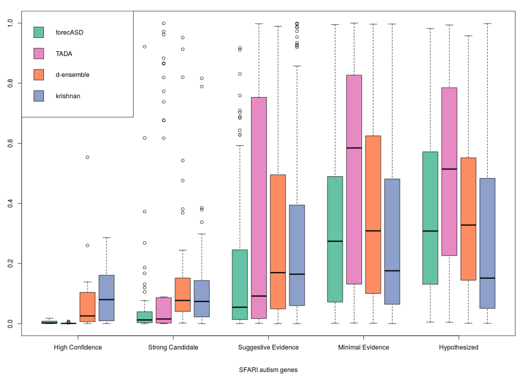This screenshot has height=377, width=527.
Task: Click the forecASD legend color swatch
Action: [39, 32]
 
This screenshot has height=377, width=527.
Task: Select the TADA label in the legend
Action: [64, 54]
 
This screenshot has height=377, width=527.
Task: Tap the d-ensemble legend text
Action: [73, 75]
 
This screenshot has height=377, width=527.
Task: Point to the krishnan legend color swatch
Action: [39, 96]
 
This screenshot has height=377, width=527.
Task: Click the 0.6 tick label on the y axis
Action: [10, 143]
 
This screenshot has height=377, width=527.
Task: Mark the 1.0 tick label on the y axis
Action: [10, 23]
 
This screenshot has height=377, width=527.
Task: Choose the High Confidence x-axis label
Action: [78, 347]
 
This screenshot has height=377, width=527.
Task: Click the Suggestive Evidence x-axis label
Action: [268, 347]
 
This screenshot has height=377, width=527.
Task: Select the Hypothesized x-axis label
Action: [458, 347]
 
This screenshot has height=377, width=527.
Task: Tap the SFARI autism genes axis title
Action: [268, 370]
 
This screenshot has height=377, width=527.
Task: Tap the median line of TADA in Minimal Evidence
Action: [354, 148]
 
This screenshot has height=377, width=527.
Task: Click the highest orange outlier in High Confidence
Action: [87, 157]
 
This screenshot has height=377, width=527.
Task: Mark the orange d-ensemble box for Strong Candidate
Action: [183, 295]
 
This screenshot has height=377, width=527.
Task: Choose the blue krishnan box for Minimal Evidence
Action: [392, 241]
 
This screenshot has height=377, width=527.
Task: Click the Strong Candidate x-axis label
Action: [173, 347]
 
